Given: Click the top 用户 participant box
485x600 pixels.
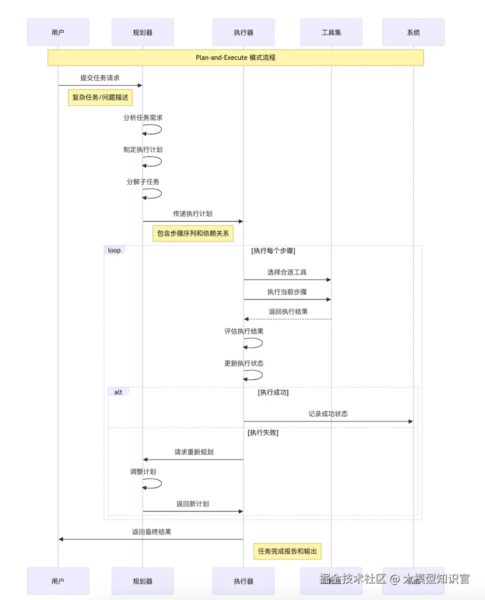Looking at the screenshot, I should (58, 32).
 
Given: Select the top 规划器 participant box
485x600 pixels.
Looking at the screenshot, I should (142, 32).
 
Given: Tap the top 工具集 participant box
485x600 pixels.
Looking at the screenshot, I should (331, 32).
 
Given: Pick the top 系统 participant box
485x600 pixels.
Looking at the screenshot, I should (413, 32).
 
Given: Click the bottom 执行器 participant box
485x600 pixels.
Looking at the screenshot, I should (243, 581).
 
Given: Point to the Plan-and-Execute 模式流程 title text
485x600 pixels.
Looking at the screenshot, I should (235, 58).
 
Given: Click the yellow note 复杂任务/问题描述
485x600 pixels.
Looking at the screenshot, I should (100, 97).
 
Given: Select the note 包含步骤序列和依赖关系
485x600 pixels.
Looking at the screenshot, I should (193, 233).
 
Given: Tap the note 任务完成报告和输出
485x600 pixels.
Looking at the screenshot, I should (287, 551).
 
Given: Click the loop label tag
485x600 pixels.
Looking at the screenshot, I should (114, 250).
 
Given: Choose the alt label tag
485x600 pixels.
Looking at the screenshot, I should (118, 392).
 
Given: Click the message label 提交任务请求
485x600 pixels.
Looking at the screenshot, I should (100, 78).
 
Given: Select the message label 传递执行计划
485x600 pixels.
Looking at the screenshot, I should (193, 213).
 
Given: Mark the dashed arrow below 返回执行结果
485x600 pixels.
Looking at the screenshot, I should (287, 319).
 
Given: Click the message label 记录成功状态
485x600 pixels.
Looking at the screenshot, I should (328, 413).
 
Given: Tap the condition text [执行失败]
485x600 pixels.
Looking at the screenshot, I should (263, 432).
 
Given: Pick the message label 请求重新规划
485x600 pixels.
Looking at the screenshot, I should (194, 452).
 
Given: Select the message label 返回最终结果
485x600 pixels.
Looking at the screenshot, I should (151, 532).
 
